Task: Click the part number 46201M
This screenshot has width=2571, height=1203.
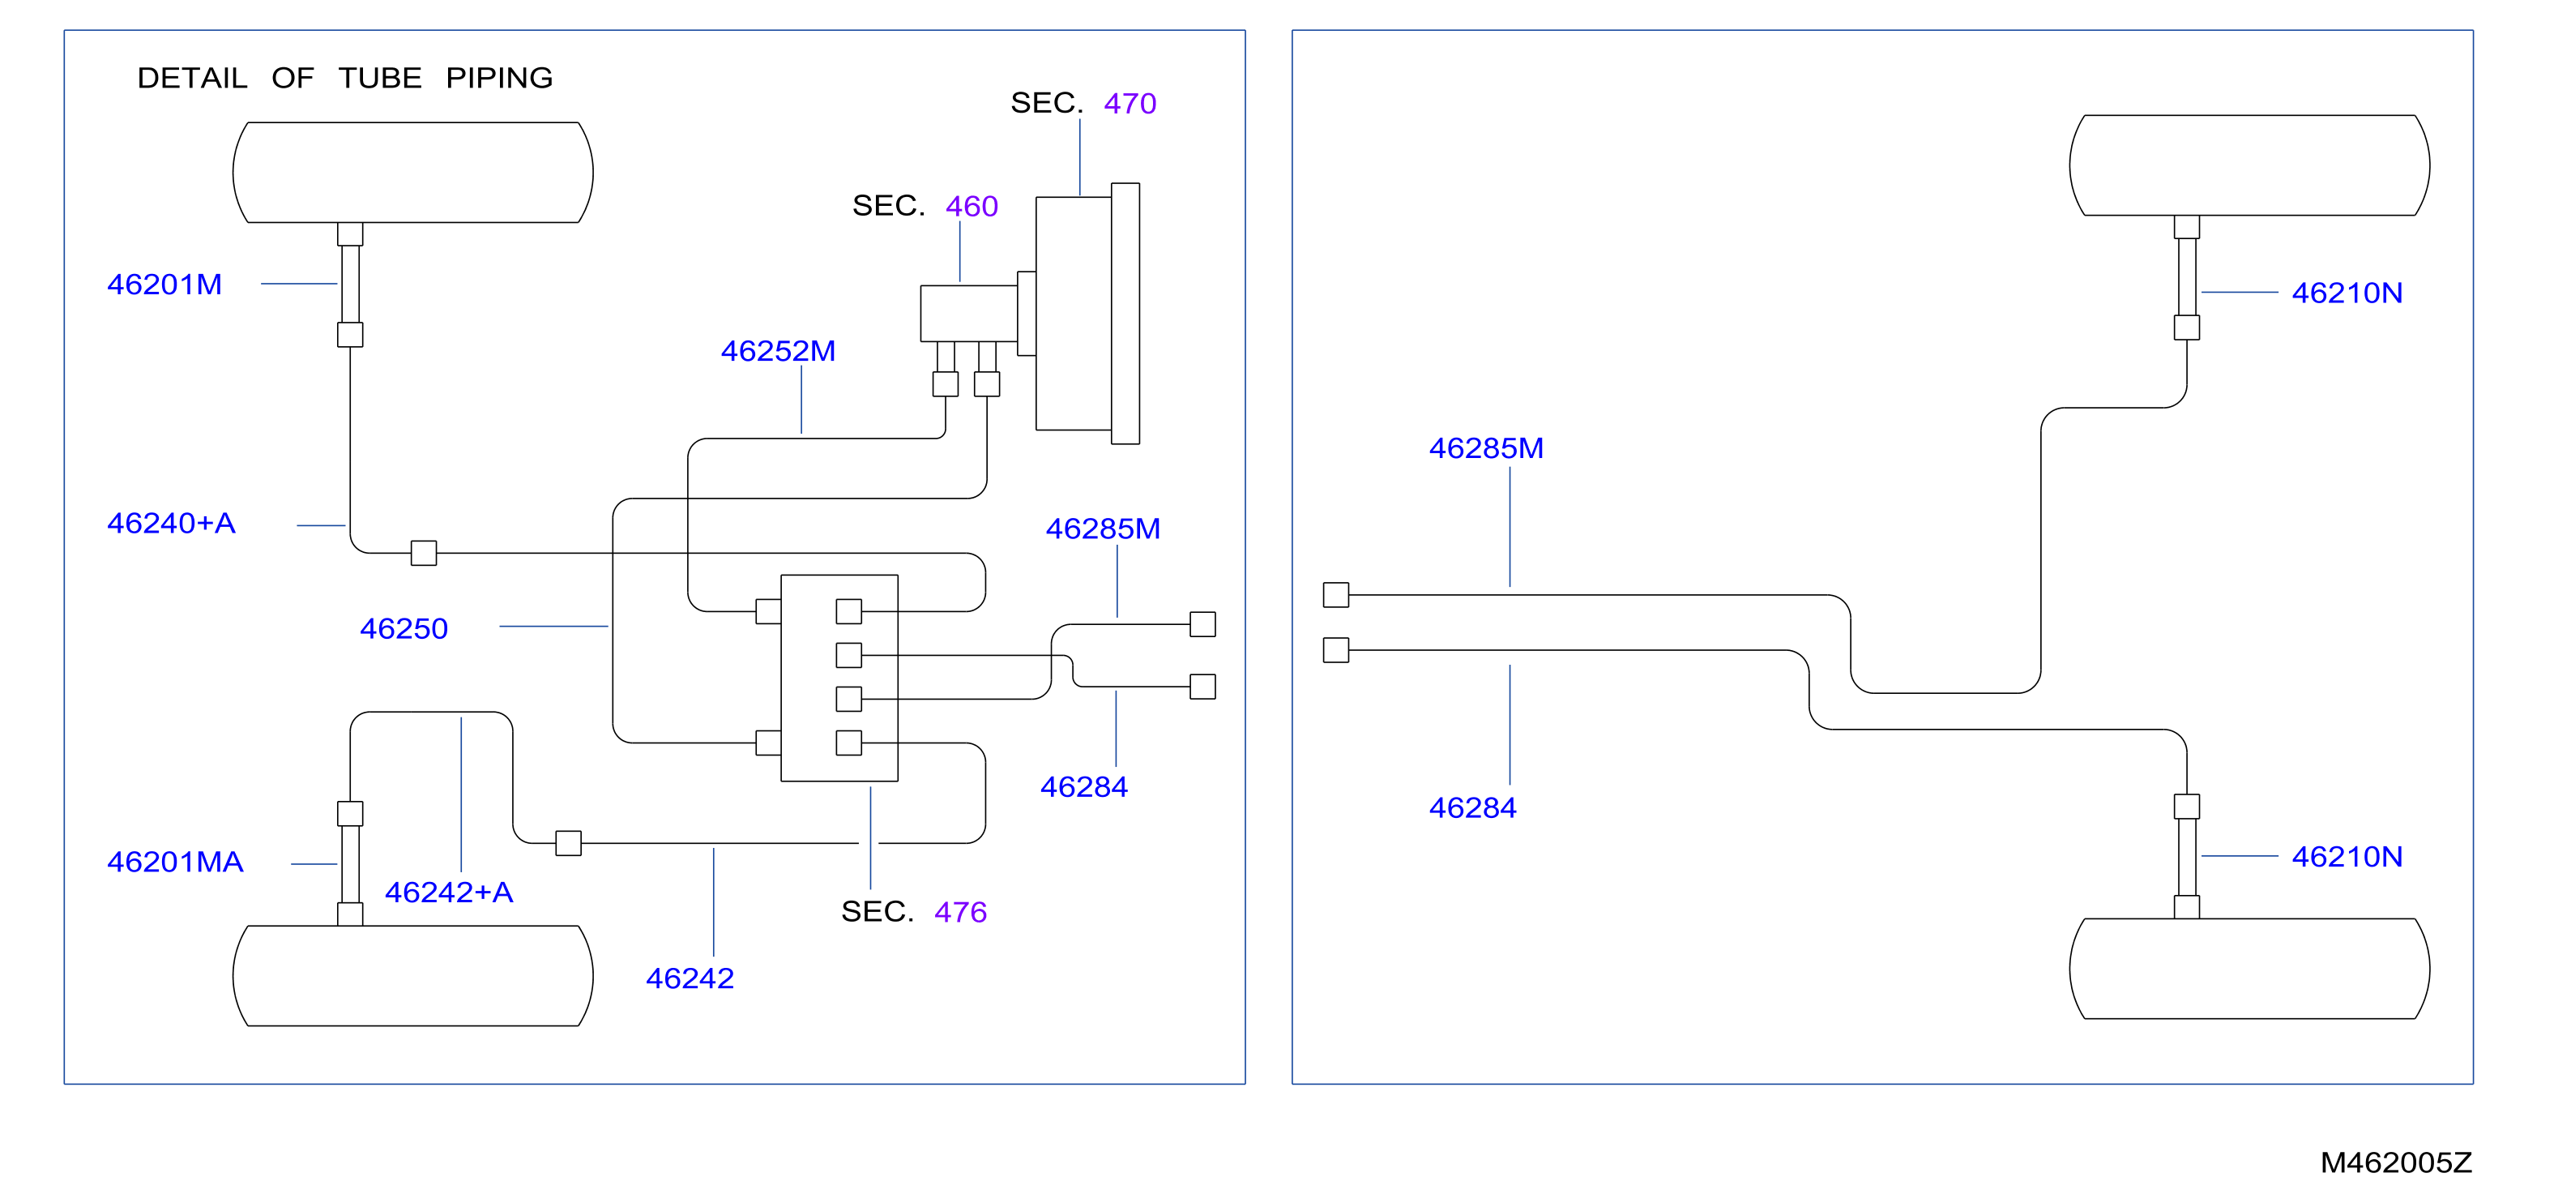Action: point(164,285)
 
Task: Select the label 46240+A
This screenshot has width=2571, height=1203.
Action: point(172,523)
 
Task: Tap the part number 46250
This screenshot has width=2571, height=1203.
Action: point(404,629)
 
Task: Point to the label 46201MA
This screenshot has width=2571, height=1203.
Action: point(176,862)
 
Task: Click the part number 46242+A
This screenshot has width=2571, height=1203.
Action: point(449,892)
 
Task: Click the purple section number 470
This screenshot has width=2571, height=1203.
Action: point(1130,104)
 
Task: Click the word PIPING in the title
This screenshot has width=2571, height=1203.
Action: point(499,78)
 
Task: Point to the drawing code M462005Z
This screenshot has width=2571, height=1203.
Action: point(2396,1162)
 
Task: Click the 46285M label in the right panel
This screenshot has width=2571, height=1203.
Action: point(1486,448)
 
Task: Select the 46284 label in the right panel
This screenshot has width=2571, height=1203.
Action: point(1473,807)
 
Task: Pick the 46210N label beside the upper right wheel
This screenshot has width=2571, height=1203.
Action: point(2347,293)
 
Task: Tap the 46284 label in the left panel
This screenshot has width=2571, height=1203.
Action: point(1084,786)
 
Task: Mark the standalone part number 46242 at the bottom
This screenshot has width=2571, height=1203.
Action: point(690,978)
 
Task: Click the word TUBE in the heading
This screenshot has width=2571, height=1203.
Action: point(379,78)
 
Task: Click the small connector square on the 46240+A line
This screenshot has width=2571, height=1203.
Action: point(424,553)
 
